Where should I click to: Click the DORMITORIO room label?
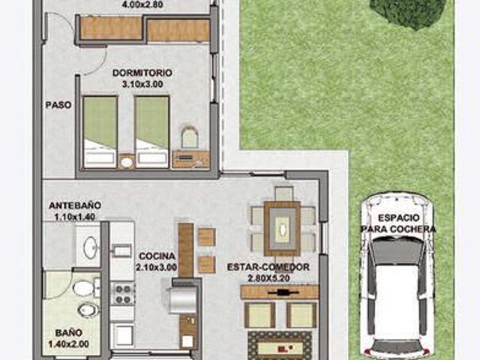(x=142, y=73)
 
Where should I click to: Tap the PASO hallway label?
(x=58, y=105)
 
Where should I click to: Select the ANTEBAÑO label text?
(x=75, y=205)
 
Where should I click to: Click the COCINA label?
(x=157, y=256)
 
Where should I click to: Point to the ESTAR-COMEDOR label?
(x=268, y=267)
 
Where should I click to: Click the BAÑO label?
(x=69, y=332)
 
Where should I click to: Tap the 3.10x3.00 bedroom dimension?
(x=142, y=84)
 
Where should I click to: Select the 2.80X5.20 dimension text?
(x=268, y=278)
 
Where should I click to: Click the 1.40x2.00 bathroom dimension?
(x=68, y=343)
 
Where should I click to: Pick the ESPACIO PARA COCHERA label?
(x=398, y=223)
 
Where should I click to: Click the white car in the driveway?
(x=397, y=275)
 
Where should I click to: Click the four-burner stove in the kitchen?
(x=122, y=293)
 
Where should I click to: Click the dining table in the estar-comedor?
(x=282, y=228)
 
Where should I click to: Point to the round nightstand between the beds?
(x=127, y=162)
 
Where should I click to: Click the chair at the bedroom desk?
(x=190, y=136)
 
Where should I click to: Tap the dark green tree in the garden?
(x=407, y=13)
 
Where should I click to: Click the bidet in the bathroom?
(x=88, y=310)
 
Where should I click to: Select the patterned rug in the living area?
(x=280, y=346)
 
